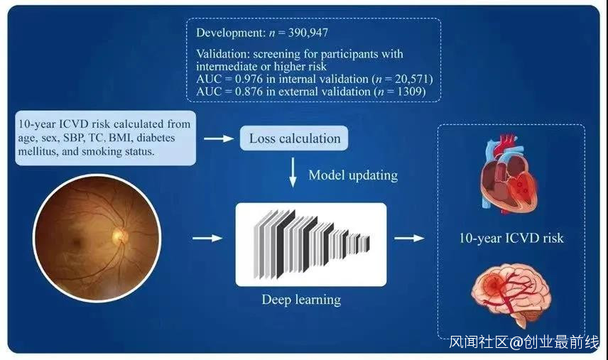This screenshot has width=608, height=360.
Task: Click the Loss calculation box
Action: [295, 138]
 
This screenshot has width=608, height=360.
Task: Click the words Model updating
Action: [353, 175]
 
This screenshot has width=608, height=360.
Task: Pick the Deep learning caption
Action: [301, 299]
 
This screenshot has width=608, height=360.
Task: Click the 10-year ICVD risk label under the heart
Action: [511, 237]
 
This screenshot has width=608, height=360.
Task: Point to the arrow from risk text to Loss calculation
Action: [218, 138]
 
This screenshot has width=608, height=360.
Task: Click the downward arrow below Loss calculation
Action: [293, 174]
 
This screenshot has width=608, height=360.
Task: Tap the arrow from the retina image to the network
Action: [208, 239]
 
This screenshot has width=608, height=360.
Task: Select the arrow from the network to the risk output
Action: [409, 239]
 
